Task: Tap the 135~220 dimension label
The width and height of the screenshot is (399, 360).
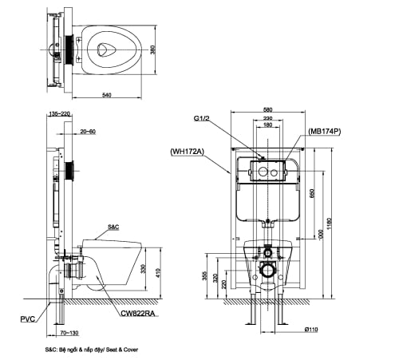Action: click(x=58, y=113)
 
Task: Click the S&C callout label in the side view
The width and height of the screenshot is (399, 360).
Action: click(x=113, y=227)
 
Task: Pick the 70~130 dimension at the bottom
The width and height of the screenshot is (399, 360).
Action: click(x=70, y=332)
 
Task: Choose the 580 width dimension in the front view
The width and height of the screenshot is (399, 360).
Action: click(x=268, y=110)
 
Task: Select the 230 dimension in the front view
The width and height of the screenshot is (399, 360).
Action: click(x=268, y=118)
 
